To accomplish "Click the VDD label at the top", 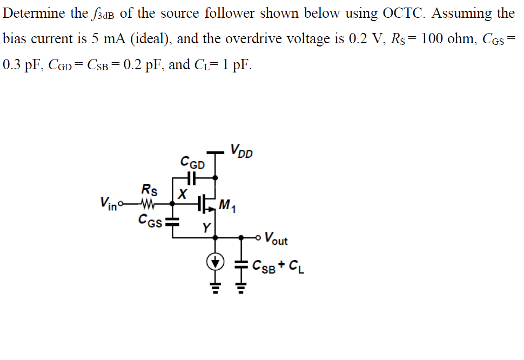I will pyautogui.click(x=241, y=151).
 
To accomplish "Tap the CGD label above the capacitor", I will pyautogui.click(x=192, y=162).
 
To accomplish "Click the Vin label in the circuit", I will pyautogui.click(x=109, y=204).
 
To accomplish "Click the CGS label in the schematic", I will pyautogui.click(x=149, y=219).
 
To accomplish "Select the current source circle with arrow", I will pyautogui.click(x=216, y=263).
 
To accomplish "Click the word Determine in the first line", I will pyautogui.click(x=35, y=14).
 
